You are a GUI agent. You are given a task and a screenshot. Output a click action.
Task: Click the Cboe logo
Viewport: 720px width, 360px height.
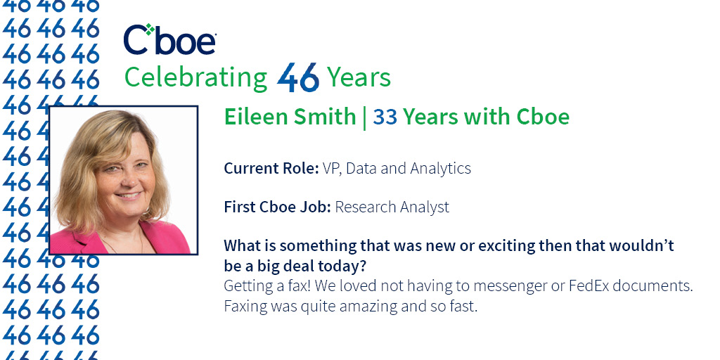170,39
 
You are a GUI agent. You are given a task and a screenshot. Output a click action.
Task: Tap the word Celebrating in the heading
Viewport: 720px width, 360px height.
196,77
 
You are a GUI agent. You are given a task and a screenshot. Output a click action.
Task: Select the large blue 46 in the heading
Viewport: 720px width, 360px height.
298,77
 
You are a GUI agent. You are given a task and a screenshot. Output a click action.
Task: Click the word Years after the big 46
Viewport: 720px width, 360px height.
359,77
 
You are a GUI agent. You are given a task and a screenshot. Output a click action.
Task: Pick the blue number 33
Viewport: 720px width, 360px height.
385,117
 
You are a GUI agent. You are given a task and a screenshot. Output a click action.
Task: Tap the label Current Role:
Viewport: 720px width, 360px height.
271,168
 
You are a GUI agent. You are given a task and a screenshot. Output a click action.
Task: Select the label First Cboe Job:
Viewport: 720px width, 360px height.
277,207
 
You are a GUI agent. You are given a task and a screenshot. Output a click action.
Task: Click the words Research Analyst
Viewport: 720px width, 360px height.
392,207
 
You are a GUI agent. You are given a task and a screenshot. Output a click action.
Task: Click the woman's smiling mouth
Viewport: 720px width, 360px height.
128,195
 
